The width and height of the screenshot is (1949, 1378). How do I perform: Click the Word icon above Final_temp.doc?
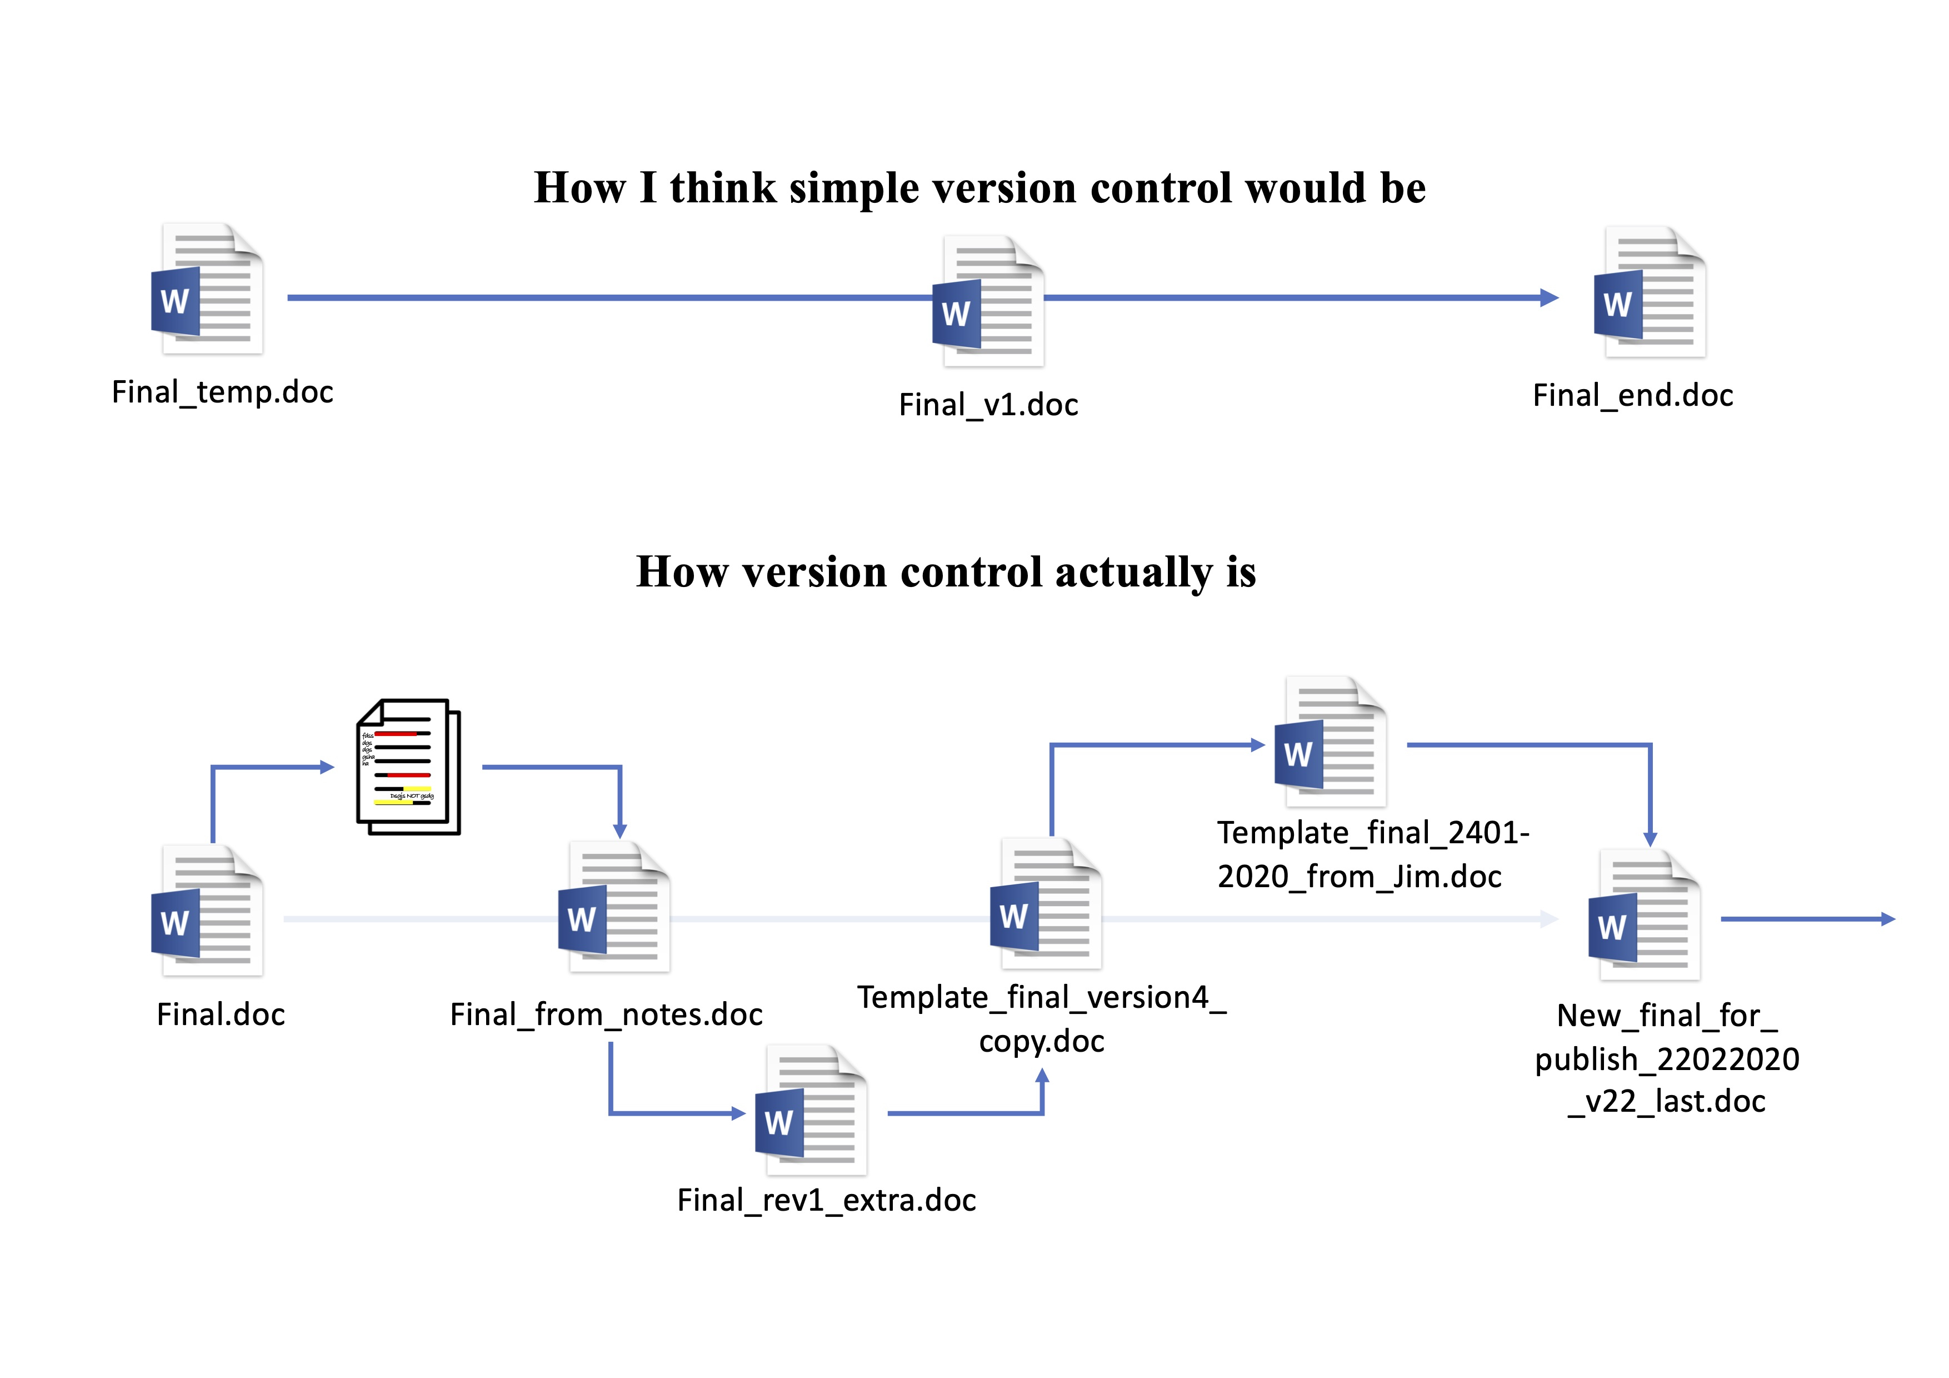[206, 290]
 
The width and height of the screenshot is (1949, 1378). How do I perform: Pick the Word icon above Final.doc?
[206, 911]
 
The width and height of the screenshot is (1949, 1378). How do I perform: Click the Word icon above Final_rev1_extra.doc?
[811, 1111]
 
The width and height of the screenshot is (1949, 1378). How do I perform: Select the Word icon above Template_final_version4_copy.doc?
[1046, 904]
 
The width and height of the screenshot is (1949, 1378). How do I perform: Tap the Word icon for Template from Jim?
[1330, 742]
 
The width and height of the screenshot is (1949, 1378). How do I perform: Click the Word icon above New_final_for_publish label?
[1643, 916]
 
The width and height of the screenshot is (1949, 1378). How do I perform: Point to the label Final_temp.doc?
[222, 392]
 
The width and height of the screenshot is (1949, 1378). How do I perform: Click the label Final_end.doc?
[1632, 396]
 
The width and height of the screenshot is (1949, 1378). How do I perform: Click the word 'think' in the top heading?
[722, 188]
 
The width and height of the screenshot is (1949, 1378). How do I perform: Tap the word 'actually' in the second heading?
[1133, 572]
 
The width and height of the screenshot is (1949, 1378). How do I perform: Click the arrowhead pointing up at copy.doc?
[1042, 1076]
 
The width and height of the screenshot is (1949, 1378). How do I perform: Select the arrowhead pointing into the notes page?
[327, 768]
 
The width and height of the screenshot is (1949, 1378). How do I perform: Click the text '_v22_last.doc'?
[1666, 1101]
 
